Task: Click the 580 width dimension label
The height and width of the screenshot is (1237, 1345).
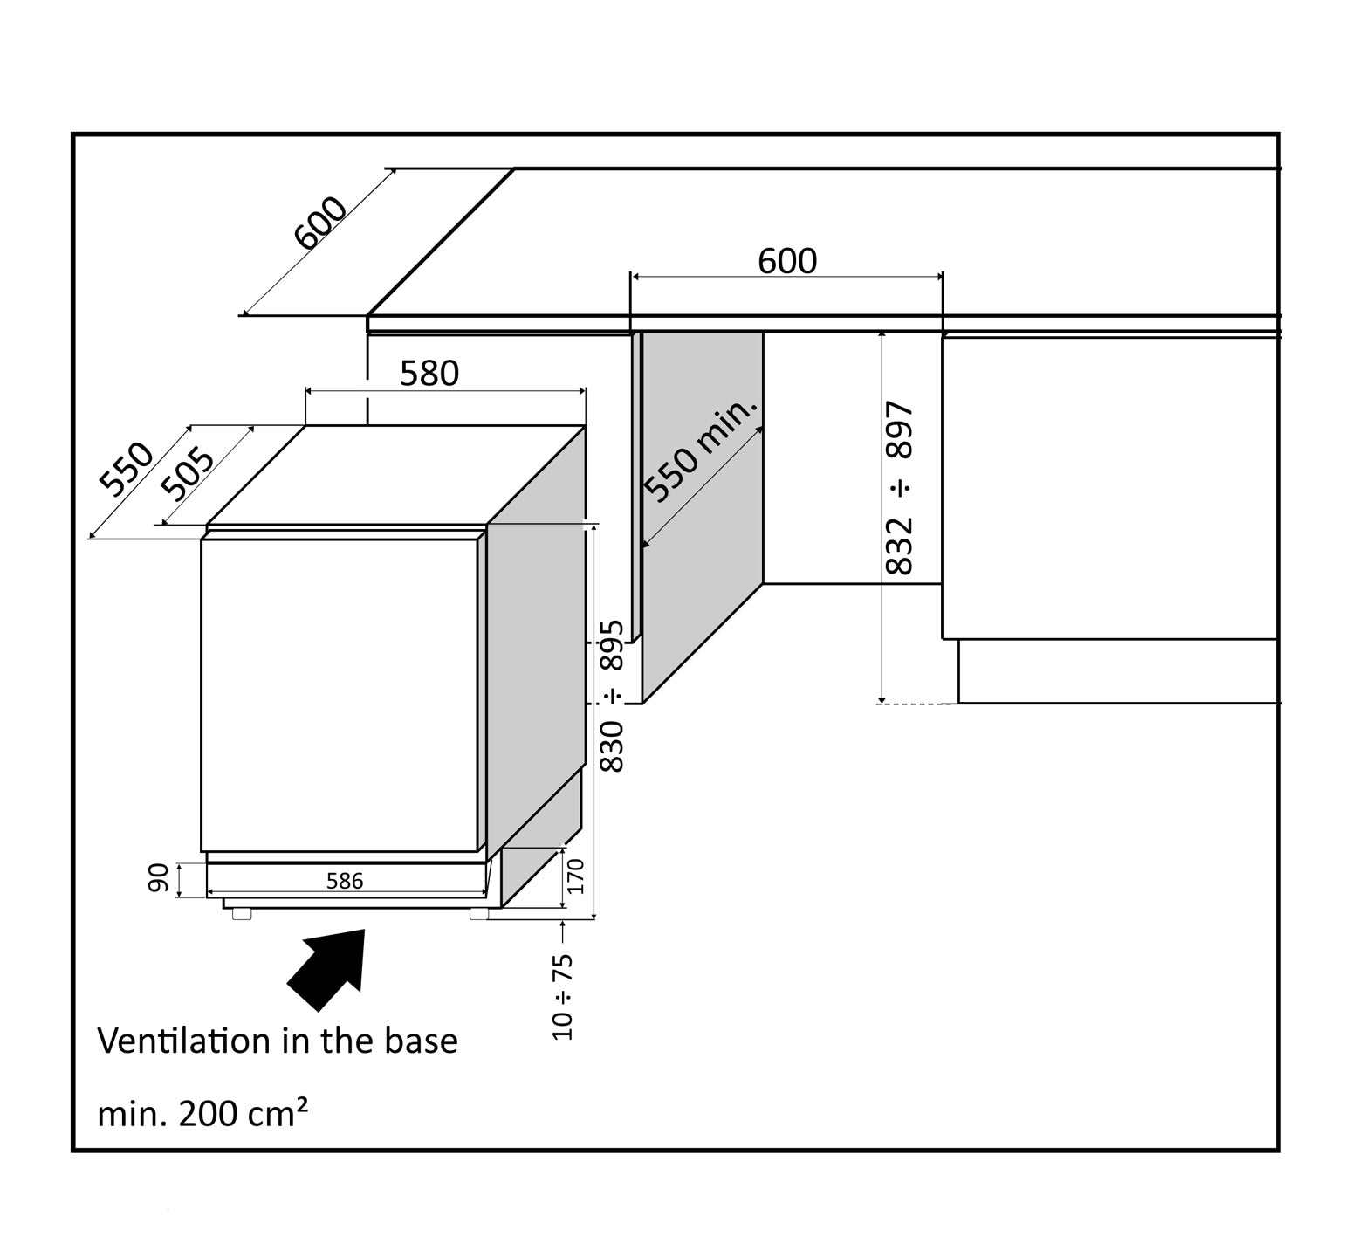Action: [429, 374]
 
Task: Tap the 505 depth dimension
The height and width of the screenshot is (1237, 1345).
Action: [188, 474]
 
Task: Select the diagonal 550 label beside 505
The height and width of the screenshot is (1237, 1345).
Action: [126, 469]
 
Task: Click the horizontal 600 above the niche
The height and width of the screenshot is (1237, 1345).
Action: [787, 261]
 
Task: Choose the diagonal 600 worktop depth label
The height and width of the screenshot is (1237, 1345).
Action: [320, 223]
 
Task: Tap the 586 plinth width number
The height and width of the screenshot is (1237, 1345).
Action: [345, 881]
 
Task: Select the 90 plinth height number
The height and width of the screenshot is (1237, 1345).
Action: [158, 879]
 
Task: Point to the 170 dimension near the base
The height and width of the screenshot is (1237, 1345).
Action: [575, 876]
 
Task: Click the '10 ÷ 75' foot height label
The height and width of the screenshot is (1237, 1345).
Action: [564, 996]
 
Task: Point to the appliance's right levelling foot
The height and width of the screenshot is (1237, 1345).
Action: [479, 914]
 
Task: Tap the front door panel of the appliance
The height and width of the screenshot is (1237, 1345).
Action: [339, 694]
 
